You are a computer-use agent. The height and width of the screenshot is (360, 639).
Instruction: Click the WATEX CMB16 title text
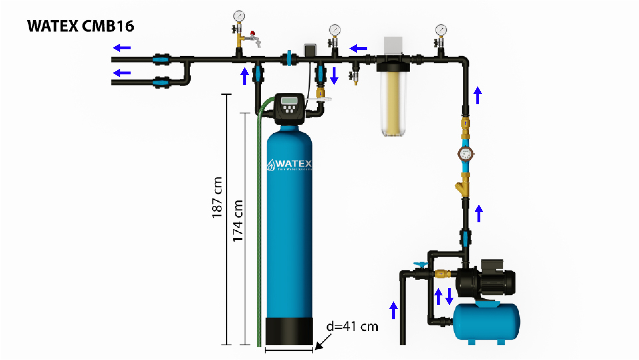click(80, 26)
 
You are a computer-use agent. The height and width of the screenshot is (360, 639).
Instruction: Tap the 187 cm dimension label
click(217, 197)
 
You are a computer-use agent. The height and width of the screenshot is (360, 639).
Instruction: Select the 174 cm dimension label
click(238, 221)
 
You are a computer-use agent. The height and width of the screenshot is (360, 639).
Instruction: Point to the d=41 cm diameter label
click(352, 326)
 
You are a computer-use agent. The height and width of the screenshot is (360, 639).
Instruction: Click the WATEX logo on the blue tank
click(289, 165)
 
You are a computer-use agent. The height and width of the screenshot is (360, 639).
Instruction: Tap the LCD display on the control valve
click(289, 100)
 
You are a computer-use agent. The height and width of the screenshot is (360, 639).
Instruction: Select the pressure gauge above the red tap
click(239, 16)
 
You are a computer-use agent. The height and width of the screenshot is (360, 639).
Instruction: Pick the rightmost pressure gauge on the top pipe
click(441, 30)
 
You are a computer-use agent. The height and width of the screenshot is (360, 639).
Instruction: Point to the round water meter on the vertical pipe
click(465, 154)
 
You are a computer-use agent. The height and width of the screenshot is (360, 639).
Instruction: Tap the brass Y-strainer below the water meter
click(463, 188)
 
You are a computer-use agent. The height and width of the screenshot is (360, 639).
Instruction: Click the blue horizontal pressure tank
click(486, 322)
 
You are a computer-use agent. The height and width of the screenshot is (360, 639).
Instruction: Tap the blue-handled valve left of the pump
click(421, 265)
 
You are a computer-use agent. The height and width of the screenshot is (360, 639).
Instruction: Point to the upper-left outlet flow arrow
click(122, 48)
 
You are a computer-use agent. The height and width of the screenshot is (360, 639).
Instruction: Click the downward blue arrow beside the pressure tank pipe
click(449, 296)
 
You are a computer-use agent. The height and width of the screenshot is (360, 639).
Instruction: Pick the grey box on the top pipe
click(310, 50)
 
